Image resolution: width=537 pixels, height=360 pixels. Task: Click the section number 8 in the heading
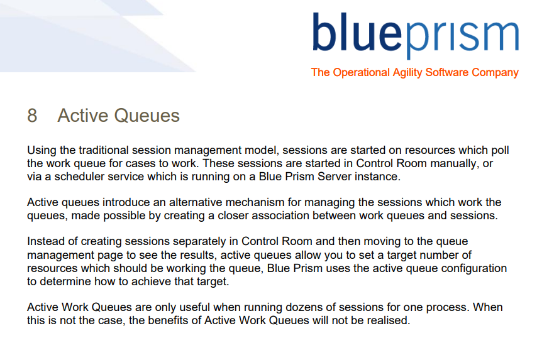tap(32, 116)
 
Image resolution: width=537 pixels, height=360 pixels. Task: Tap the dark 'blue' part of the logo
tap(357, 32)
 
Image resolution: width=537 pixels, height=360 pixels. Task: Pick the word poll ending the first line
tap(501, 151)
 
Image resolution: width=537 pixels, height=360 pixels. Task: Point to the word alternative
tap(196, 202)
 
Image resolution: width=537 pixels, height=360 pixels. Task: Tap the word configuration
tap(474, 269)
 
